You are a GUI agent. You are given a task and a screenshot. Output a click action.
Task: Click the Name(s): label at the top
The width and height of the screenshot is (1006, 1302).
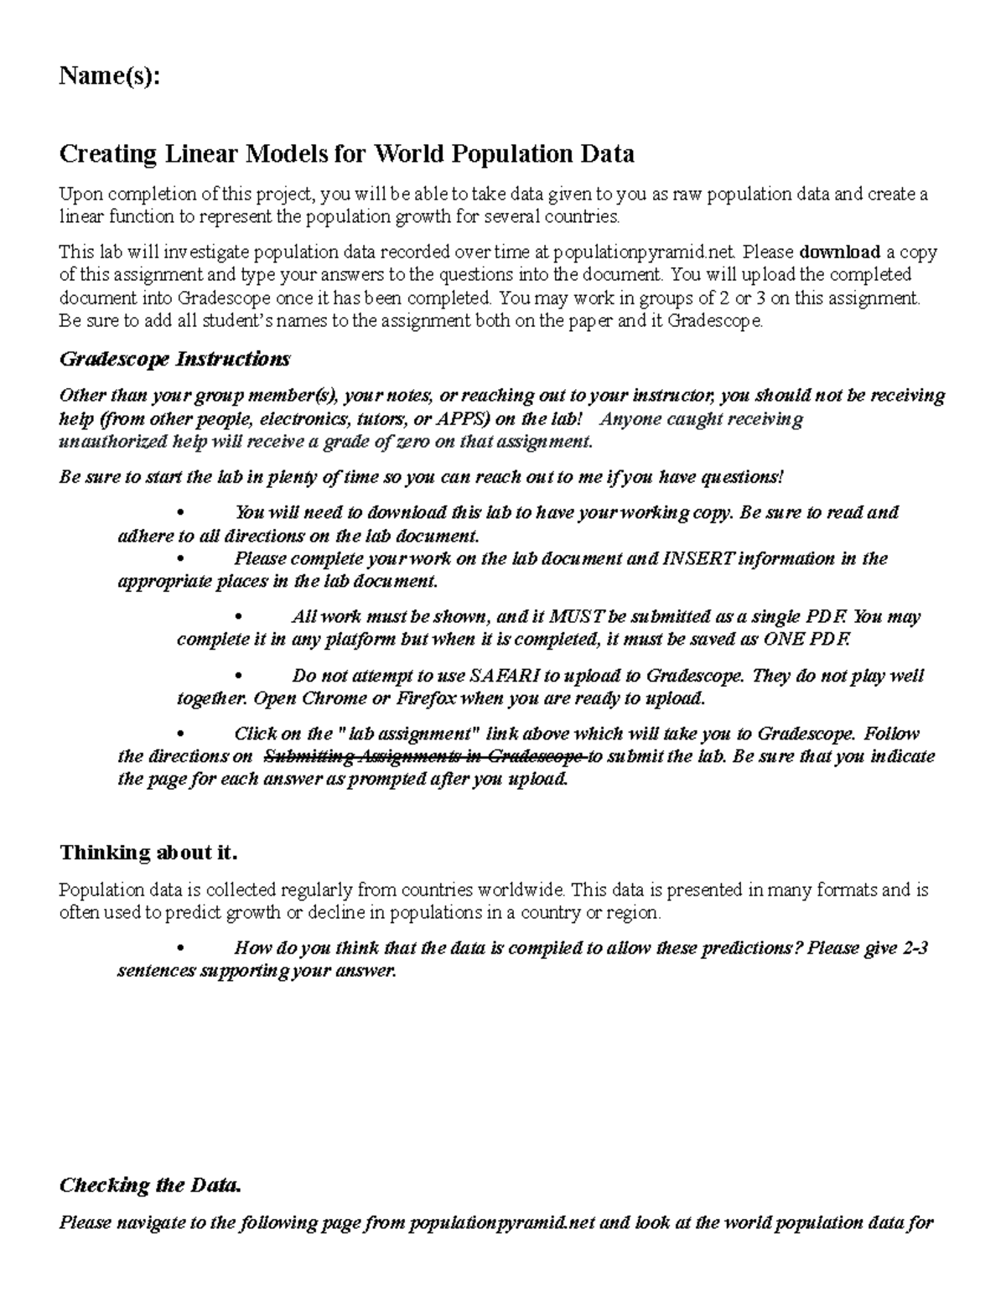click(x=108, y=77)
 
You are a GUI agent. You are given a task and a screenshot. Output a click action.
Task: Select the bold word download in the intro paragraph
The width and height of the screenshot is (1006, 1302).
click(x=840, y=252)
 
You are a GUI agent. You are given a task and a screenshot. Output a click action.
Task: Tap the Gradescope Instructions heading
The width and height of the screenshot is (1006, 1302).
click(x=174, y=360)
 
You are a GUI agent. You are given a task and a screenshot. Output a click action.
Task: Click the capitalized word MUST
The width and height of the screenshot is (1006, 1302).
click(x=577, y=617)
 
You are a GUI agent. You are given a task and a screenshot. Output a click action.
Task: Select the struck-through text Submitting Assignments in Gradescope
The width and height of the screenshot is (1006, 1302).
click(x=424, y=756)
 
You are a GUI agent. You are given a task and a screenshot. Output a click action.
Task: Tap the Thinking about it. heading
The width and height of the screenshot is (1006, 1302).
click(x=148, y=853)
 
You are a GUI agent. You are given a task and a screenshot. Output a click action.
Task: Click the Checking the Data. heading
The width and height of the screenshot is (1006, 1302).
click(x=149, y=1185)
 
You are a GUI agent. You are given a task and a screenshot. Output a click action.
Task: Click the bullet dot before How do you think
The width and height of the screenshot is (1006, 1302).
click(x=181, y=949)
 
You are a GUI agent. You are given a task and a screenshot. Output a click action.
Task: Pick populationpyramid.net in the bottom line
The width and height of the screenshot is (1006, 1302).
click(x=501, y=1222)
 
